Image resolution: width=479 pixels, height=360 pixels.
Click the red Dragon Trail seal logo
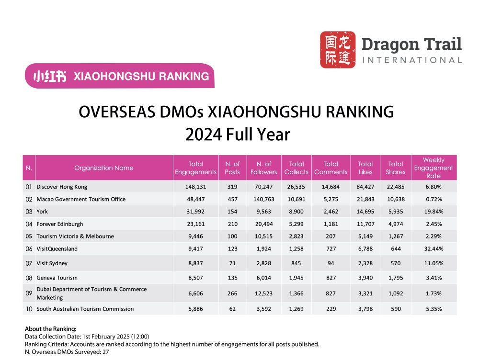tap(338, 50)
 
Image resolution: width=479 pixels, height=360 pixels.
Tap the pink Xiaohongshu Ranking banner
tap(120, 76)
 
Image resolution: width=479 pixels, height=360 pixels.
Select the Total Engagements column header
tap(195, 168)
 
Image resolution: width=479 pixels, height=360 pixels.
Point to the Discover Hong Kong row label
tap(62, 187)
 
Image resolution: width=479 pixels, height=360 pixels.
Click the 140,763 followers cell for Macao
tap(263, 199)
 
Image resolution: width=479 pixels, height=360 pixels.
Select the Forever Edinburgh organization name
tap(59, 224)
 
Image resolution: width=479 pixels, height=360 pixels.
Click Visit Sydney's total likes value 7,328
tap(365, 263)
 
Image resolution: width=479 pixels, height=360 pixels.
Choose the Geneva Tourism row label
tap(57, 278)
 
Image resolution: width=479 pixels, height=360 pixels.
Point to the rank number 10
tap(29, 309)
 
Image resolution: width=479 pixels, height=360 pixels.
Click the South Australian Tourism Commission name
tap(85, 309)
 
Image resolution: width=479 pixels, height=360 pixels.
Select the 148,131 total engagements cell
tap(195, 187)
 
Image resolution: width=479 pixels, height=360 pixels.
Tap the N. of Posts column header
tap(232, 168)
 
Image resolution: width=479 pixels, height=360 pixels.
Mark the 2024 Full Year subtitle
tap(238, 135)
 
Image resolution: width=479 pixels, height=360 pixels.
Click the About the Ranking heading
tap(50, 329)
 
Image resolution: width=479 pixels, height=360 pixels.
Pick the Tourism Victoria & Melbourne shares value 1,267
tap(395, 236)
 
